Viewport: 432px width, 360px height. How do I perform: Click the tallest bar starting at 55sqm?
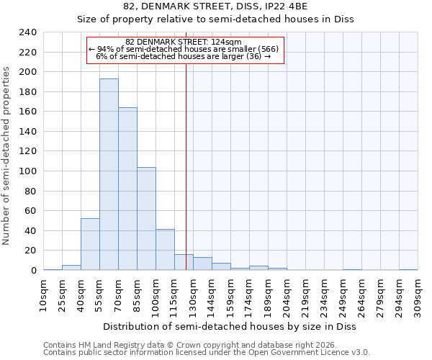109,174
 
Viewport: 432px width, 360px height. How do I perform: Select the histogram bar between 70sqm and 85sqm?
127,189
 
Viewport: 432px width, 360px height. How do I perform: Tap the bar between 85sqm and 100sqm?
146,219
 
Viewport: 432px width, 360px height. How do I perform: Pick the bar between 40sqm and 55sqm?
90,244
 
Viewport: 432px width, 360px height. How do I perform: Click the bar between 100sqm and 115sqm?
165,250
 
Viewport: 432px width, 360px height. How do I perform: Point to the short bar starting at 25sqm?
71,267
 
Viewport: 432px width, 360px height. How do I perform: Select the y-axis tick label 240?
27,32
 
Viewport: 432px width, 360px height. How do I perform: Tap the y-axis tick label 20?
30,251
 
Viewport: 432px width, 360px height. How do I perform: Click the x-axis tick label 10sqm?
43,294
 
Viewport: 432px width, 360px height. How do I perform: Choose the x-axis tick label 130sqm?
193,297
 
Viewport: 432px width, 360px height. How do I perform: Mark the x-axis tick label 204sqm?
287,297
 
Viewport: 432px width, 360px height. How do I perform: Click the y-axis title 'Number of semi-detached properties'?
7,156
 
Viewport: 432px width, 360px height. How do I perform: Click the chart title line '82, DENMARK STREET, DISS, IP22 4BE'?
215,6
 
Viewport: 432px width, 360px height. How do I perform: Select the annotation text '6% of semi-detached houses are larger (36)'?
183,56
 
